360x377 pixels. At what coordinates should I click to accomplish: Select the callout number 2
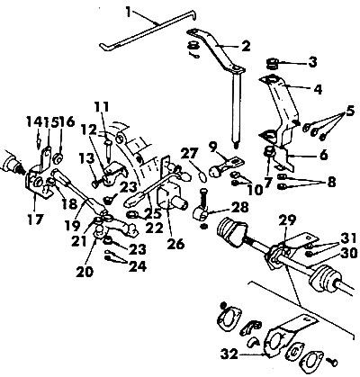coord(244,44)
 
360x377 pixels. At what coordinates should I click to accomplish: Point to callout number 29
coord(286,220)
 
